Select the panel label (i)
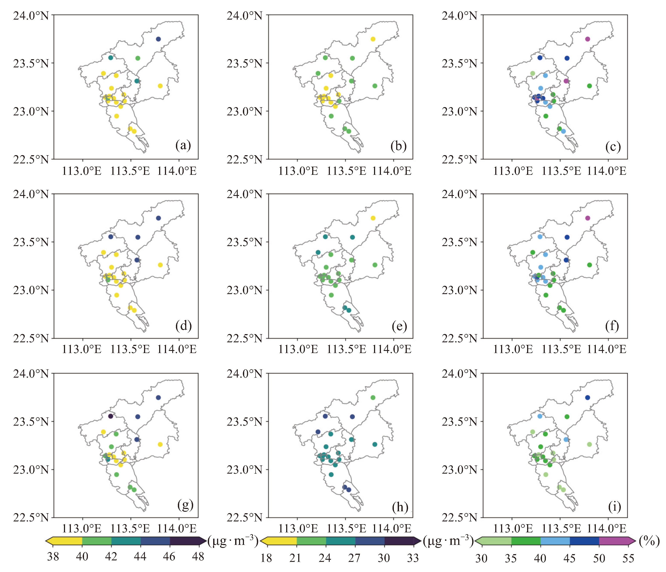[x=614, y=506]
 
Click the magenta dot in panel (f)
[x=588, y=218]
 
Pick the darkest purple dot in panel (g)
[x=111, y=416]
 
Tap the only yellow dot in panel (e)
[x=373, y=218]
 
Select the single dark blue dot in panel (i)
[x=588, y=397]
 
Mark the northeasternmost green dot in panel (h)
[x=373, y=397]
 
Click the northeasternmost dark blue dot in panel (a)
[x=158, y=39]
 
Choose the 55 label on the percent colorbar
[x=628, y=558]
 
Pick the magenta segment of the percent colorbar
[x=614, y=541]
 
